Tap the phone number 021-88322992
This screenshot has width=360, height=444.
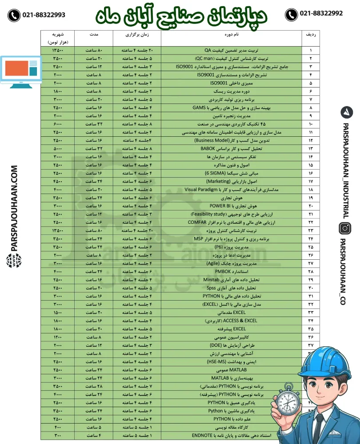click(321, 14)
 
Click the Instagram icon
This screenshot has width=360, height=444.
click(345, 229)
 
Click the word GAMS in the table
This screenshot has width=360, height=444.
click(199, 107)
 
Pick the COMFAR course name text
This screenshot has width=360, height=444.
click(197, 222)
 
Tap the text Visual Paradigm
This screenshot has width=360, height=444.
click(203, 190)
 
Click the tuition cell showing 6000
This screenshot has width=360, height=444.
click(58, 124)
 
